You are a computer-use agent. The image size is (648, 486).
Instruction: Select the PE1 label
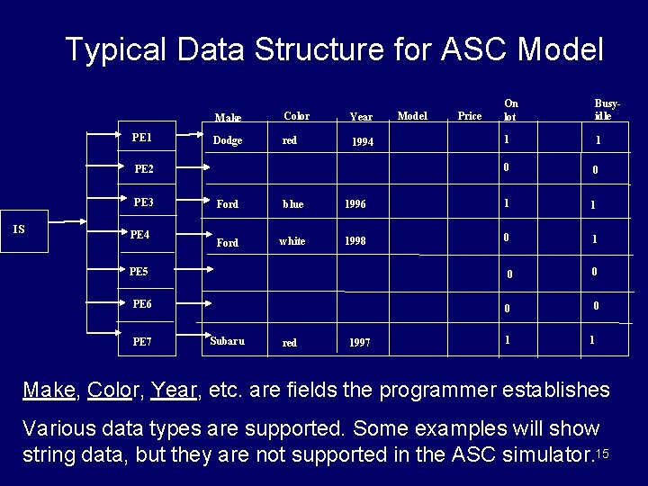click(141, 138)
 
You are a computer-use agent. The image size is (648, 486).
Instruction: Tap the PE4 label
click(139, 235)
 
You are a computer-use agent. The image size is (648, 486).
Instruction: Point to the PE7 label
click(141, 341)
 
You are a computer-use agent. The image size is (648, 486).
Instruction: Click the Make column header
click(228, 118)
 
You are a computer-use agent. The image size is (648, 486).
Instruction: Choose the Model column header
click(412, 115)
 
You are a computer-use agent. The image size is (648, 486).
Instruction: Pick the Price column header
click(470, 115)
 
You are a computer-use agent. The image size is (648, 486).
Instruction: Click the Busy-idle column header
click(602, 110)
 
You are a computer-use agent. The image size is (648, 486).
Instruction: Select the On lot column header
click(511, 110)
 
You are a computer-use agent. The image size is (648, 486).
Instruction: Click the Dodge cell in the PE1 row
click(227, 140)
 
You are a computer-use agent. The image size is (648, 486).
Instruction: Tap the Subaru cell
click(227, 341)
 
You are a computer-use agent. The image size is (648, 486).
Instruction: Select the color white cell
click(292, 241)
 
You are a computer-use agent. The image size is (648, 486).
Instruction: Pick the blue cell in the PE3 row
click(292, 204)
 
